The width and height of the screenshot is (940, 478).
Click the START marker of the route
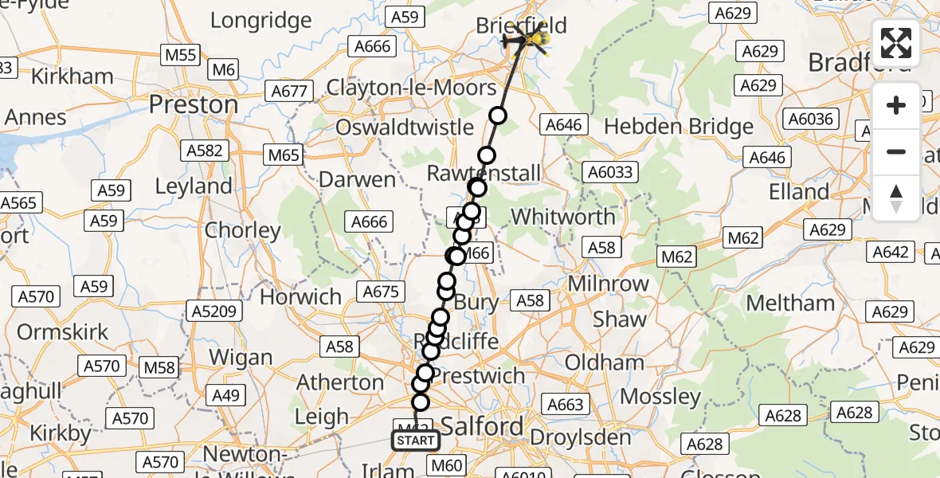point(415,440)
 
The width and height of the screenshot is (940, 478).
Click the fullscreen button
point(896,43)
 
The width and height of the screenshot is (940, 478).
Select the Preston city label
point(194,104)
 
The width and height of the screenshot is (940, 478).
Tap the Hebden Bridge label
point(679,127)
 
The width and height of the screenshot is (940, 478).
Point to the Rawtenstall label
point(484,173)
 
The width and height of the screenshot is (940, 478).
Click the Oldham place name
point(605,362)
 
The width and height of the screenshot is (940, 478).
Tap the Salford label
point(481,426)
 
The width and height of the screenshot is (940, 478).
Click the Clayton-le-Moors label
point(411,87)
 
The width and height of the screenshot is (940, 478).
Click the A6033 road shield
point(610,172)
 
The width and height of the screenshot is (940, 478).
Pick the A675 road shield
point(381,292)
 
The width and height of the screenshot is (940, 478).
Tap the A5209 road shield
point(213,310)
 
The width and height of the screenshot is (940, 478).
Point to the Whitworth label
point(562,216)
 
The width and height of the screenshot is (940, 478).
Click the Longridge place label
point(261,20)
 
